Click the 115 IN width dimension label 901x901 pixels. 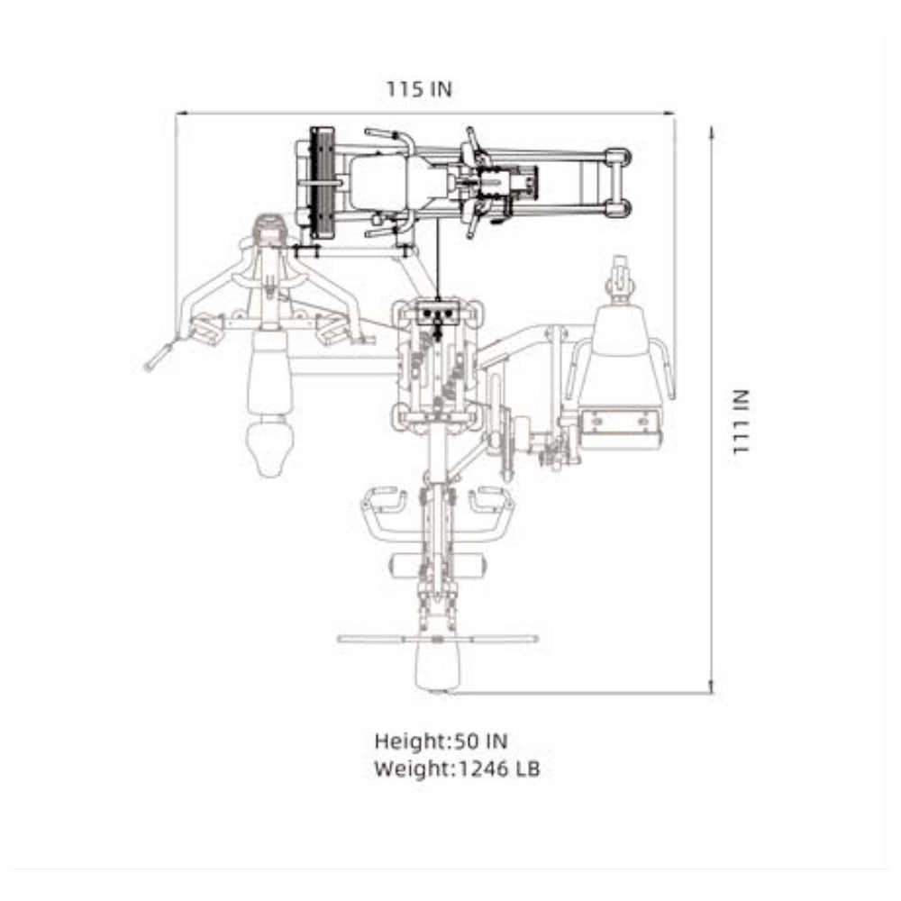(x=419, y=89)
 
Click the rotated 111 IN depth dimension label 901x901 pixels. (x=741, y=423)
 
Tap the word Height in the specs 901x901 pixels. (x=409, y=742)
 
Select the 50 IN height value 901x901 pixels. (x=481, y=742)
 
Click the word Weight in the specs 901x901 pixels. (x=412, y=769)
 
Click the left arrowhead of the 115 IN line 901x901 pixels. (x=179, y=114)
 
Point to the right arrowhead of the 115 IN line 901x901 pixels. (x=669, y=114)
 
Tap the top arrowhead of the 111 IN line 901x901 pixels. (x=712, y=132)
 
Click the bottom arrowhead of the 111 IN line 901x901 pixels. (x=712, y=687)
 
